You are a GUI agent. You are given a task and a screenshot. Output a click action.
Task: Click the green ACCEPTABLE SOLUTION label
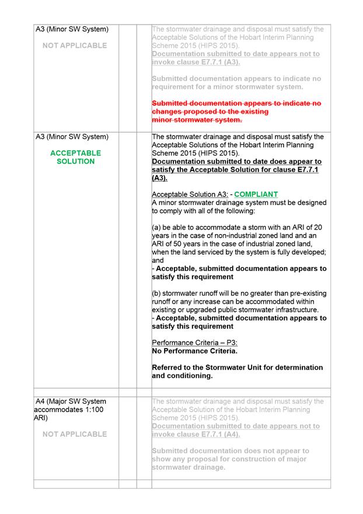(x=75, y=157)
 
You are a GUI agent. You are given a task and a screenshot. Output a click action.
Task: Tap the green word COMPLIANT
(x=256, y=194)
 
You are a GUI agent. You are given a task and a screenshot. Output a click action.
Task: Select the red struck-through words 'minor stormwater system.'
(x=197, y=120)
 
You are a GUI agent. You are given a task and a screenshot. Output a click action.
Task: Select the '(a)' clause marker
(x=157, y=227)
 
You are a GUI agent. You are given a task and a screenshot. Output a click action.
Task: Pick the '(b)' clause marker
(x=157, y=293)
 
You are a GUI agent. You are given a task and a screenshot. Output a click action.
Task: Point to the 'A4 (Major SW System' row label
(x=71, y=401)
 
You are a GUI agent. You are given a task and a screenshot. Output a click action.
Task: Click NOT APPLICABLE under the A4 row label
(x=75, y=434)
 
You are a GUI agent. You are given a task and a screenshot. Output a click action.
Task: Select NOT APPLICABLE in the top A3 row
(x=75, y=45)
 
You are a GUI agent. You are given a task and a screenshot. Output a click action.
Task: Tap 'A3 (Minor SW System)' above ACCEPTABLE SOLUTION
(x=72, y=137)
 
